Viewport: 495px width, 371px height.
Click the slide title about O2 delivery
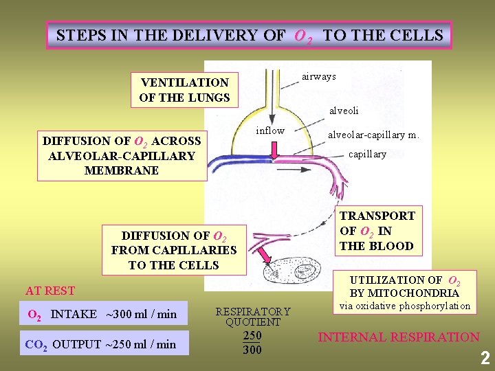point(249,35)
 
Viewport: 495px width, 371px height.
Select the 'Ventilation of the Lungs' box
point(184,90)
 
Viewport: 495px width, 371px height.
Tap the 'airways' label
point(319,76)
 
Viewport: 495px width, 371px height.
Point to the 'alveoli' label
point(344,110)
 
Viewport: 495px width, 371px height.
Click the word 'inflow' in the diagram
point(270,131)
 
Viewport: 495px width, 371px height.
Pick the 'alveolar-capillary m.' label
point(373,135)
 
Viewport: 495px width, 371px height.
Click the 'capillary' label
point(367,155)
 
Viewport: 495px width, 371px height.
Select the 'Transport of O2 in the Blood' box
point(377,231)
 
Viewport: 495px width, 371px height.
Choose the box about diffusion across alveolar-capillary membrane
point(122,155)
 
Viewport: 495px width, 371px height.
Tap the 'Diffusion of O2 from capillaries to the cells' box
point(173,250)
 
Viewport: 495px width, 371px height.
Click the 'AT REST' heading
point(50,291)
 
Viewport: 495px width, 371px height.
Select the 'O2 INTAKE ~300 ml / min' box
point(102,315)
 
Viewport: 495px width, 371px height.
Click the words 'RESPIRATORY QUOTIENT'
point(253,316)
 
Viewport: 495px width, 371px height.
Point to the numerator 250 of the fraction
point(252,336)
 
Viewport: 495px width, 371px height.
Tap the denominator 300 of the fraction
point(252,350)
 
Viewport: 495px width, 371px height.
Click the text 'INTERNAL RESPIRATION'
point(398,337)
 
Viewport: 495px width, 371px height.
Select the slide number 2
point(485,358)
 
